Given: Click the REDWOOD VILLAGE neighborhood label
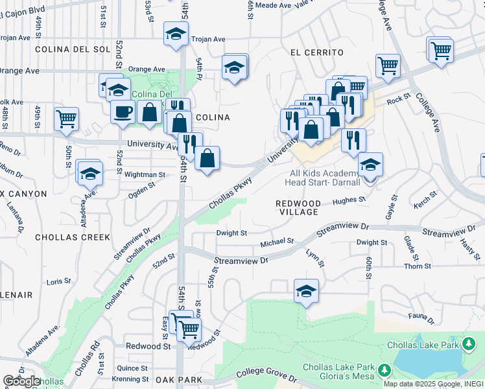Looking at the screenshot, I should coord(298,207).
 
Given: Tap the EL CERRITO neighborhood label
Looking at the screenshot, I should coord(316,52).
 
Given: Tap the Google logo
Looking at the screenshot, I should coord(21,382).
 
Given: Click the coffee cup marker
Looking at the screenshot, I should coord(123,112).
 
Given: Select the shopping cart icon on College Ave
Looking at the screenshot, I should coord(387,64).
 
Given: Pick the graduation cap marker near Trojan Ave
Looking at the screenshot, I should coord(175,34).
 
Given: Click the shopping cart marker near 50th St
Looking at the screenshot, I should coord(66,119).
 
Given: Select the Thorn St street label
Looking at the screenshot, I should coord(418,266).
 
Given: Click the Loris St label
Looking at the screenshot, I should coord(58,281).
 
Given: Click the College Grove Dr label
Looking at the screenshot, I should coord(266,373).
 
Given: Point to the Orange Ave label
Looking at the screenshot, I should coord(147,69).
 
